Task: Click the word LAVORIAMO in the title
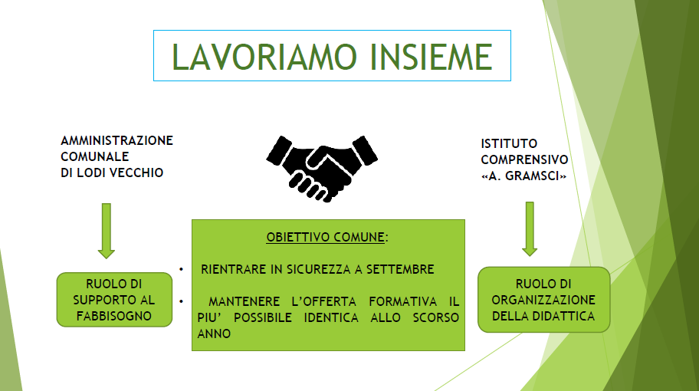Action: (264, 57)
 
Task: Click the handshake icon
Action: (322, 169)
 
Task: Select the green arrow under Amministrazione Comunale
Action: (106, 231)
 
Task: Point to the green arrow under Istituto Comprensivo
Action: (530, 229)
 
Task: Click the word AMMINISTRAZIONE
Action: (116, 140)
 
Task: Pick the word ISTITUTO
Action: (509, 143)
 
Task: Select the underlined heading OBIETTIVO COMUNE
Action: (326, 237)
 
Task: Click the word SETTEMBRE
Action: (400, 269)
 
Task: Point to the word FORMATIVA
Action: (402, 301)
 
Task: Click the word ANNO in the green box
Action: (214, 333)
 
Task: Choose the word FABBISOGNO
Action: (114, 316)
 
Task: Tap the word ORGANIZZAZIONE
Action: (543, 300)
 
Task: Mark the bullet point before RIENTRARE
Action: (182, 269)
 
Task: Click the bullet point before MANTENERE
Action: (182, 301)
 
